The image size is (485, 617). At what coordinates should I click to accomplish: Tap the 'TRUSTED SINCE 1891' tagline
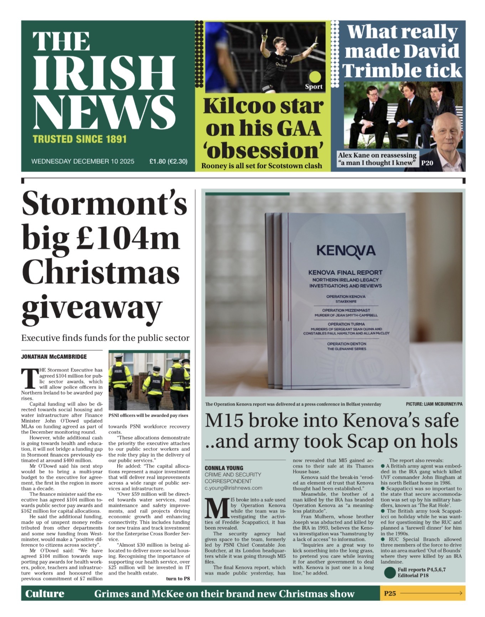coord(79,139)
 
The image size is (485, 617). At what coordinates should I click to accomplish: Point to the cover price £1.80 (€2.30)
coord(168,161)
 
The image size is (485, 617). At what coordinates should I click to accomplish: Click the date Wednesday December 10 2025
coord(83,161)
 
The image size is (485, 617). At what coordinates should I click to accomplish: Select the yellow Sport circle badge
coord(315,77)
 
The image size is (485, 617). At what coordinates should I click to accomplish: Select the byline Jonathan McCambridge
coord(54,356)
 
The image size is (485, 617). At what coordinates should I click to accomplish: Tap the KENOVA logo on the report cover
coord(346,250)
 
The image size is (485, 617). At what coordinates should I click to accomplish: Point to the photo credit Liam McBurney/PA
coord(434,404)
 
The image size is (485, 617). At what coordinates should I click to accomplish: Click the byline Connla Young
coord(224,468)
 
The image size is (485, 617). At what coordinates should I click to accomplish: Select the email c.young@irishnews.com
coord(233,488)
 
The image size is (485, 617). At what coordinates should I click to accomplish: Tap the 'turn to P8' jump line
coord(178,578)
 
